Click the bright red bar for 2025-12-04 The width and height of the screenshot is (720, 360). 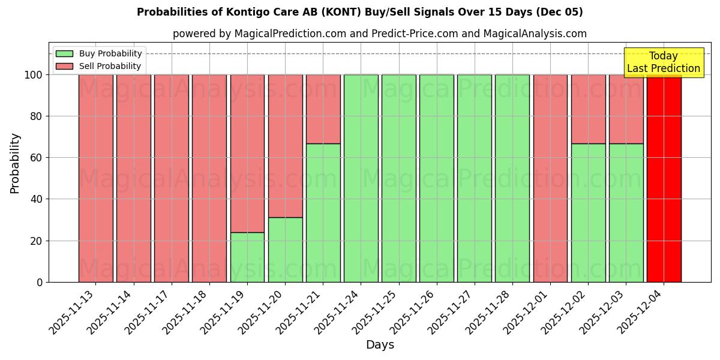(x=664, y=180)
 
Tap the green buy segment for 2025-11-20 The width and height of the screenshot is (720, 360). (x=285, y=250)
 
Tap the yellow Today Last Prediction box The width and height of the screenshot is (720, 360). (x=663, y=62)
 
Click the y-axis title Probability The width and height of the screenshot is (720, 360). (x=15, y=163)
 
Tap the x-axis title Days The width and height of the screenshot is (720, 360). (x=380, y=345)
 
